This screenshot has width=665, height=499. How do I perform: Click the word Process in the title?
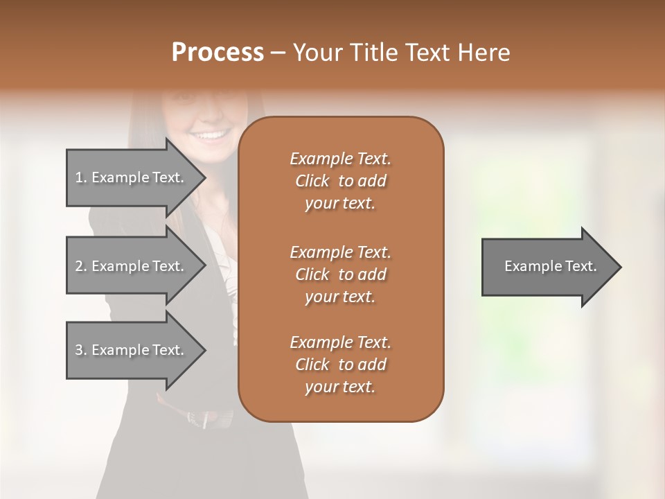click(218, 53)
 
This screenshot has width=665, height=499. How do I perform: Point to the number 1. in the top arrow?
click(81, 177)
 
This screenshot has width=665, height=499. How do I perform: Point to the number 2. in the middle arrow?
click(81, 266)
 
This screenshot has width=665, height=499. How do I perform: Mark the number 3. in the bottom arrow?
click(81, 350)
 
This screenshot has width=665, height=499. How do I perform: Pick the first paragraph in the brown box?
click(340, 181)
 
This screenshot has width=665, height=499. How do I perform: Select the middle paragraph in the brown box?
click(340, 274)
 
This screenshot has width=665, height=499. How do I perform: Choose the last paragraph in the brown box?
click(340, 365)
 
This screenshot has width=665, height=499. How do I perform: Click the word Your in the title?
click(318, 53)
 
